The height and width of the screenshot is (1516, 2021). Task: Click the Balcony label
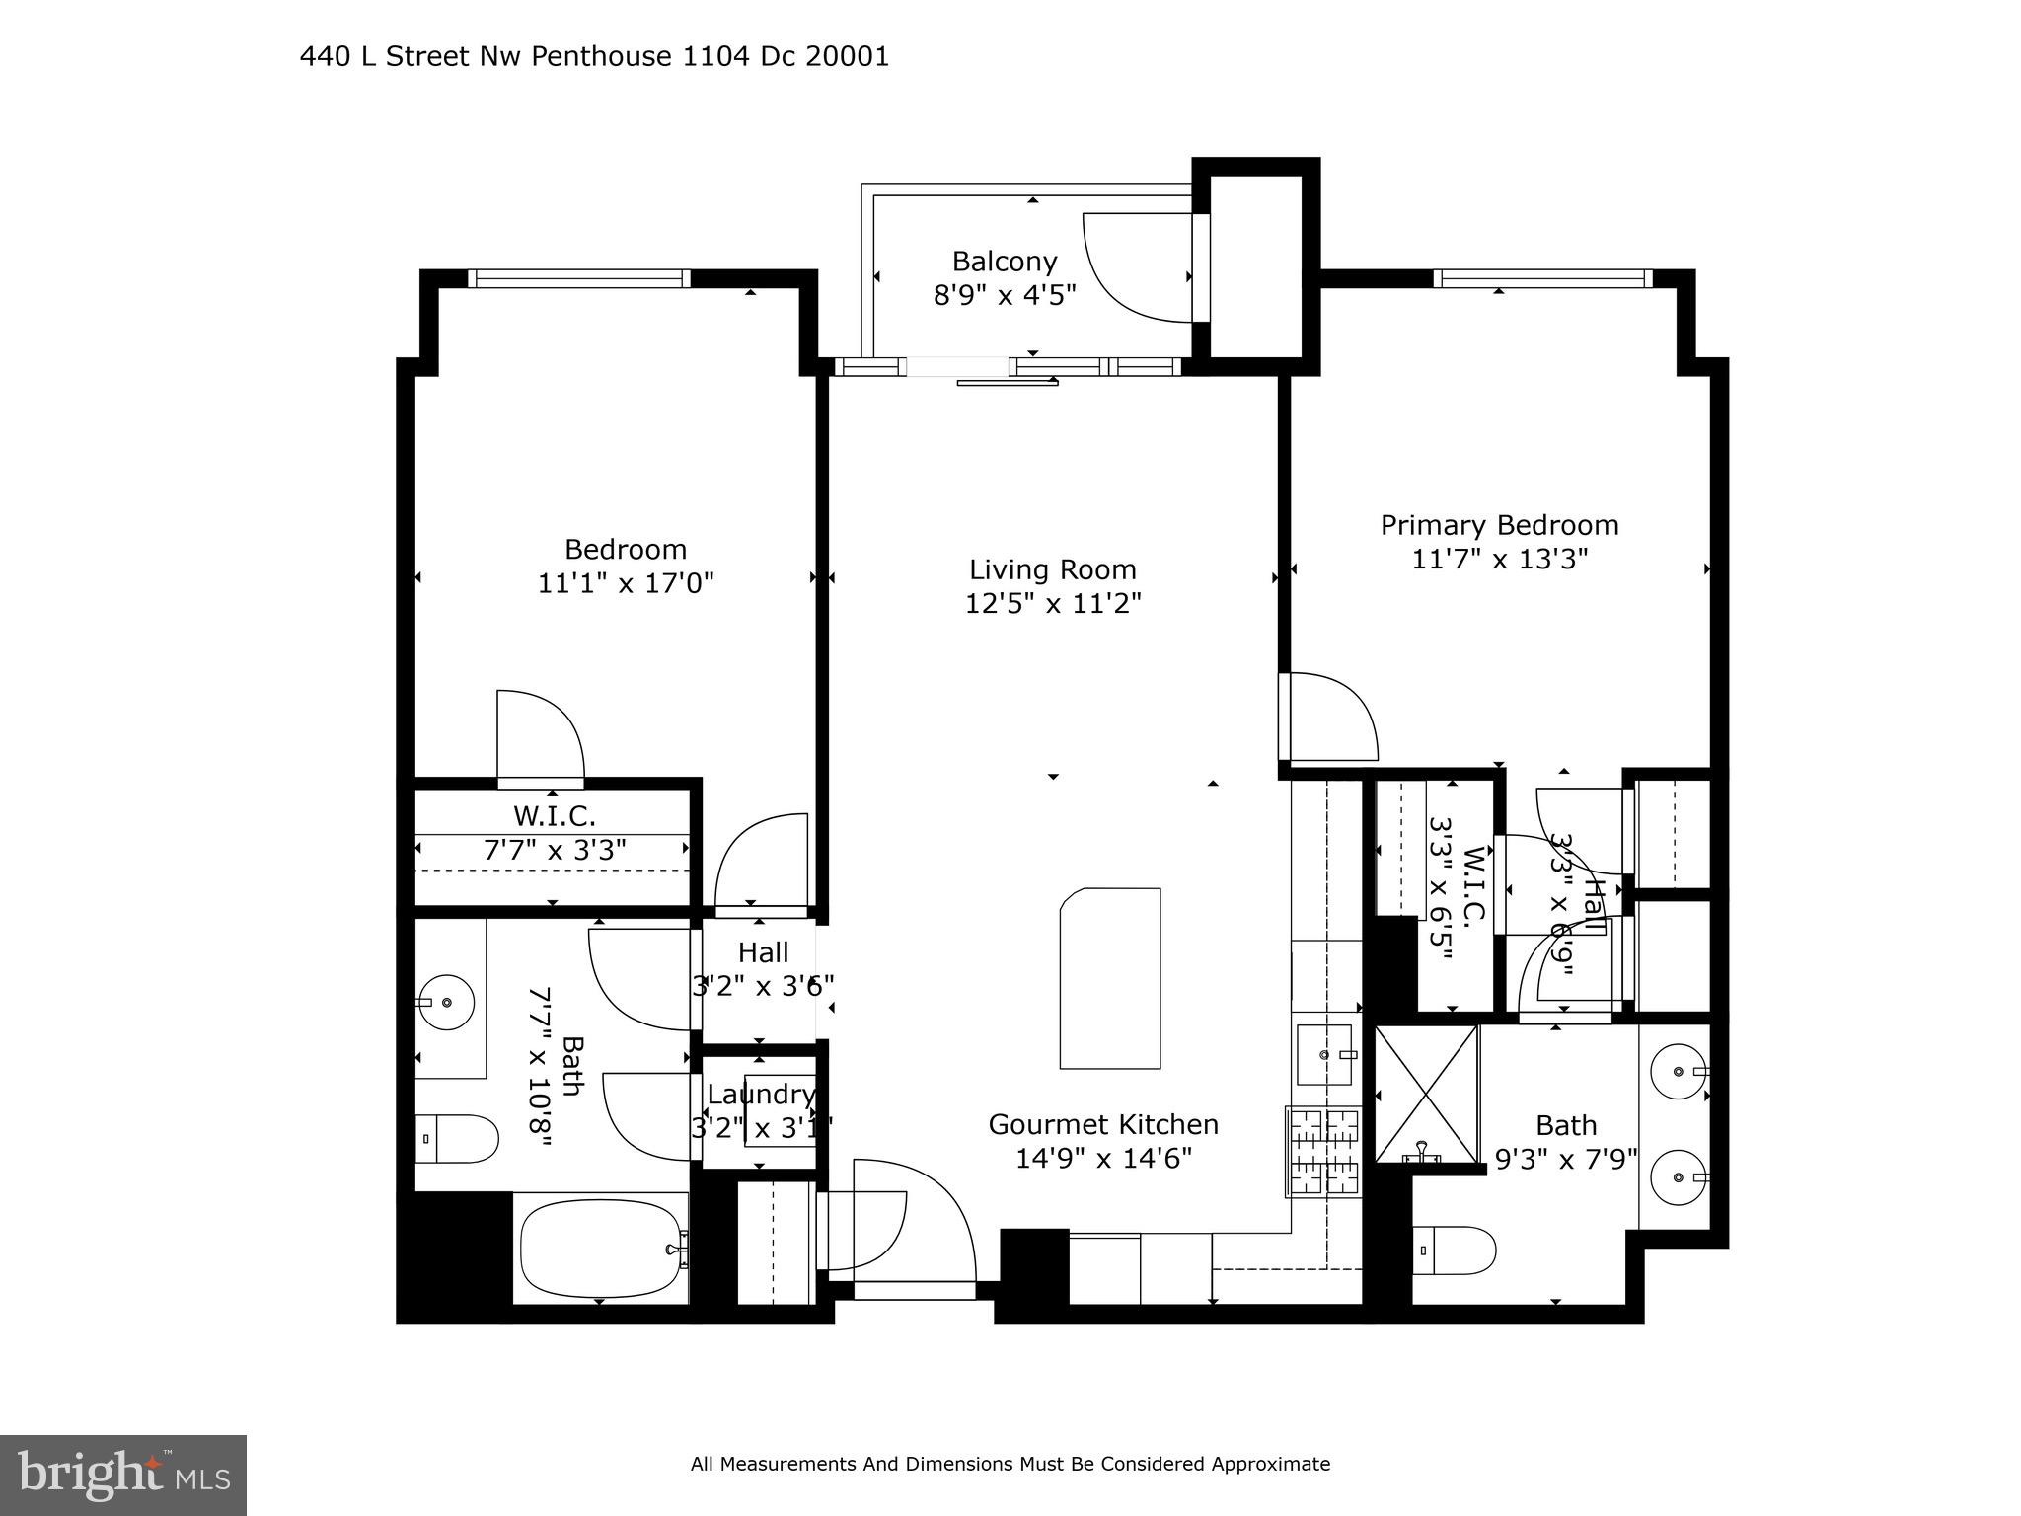(1004, 262)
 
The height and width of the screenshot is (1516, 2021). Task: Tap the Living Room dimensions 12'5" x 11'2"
(1053, 603)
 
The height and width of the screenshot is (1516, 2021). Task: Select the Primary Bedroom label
(1499, 525)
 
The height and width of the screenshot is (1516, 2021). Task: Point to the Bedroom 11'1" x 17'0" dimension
(625, 583)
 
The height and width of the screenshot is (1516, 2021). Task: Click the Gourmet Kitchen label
(1103, 1124)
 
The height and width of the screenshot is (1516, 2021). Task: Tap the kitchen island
(1110, 978)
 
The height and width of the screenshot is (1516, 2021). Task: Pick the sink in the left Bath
(446, 1002)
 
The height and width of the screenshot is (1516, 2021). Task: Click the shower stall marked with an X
(1425, 1094)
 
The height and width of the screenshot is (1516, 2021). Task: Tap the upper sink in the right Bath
(1681, 1070)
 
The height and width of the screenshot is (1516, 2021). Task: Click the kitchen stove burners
(1323, 1151)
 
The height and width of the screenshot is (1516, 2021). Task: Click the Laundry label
(761, 1095)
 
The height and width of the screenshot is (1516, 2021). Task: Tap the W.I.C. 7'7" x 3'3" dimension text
(555, 850)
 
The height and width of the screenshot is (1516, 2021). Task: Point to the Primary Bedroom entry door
(1327, 716)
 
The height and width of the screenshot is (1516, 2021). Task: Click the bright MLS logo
(123, 1475)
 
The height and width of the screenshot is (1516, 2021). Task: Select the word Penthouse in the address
(601, 57)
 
